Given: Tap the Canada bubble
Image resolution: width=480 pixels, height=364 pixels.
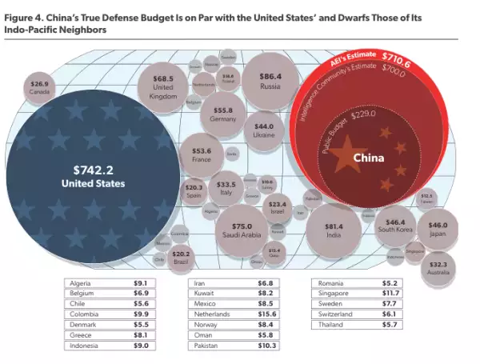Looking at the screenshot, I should point(40,87).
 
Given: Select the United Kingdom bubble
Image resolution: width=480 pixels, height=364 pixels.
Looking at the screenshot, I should point(164,86).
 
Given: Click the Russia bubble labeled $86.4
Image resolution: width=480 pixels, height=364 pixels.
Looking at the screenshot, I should point(270,81).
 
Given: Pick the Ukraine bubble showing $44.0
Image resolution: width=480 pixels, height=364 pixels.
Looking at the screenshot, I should point(264,130).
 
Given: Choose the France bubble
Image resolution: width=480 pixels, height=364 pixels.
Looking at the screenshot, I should point(202,154).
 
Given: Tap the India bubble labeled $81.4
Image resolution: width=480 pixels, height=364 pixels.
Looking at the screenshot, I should point(334,230).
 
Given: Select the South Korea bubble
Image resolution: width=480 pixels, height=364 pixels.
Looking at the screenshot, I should point(395,226).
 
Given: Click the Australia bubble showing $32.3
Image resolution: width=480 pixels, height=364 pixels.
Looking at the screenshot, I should point(438,267).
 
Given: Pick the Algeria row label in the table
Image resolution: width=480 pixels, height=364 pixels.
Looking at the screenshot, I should point(82,282).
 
